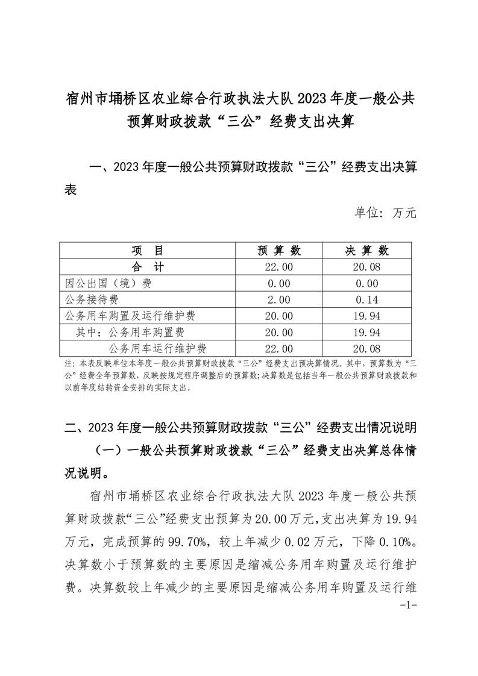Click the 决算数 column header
click(x=366, y=250)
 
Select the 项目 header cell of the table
click(x=148, y=250)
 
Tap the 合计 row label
click(x=148, y=266)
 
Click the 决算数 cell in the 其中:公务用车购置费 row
click(x=366, y=331)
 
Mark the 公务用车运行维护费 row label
click(x=157, y=348)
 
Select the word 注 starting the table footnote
click(x=66, y=365)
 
